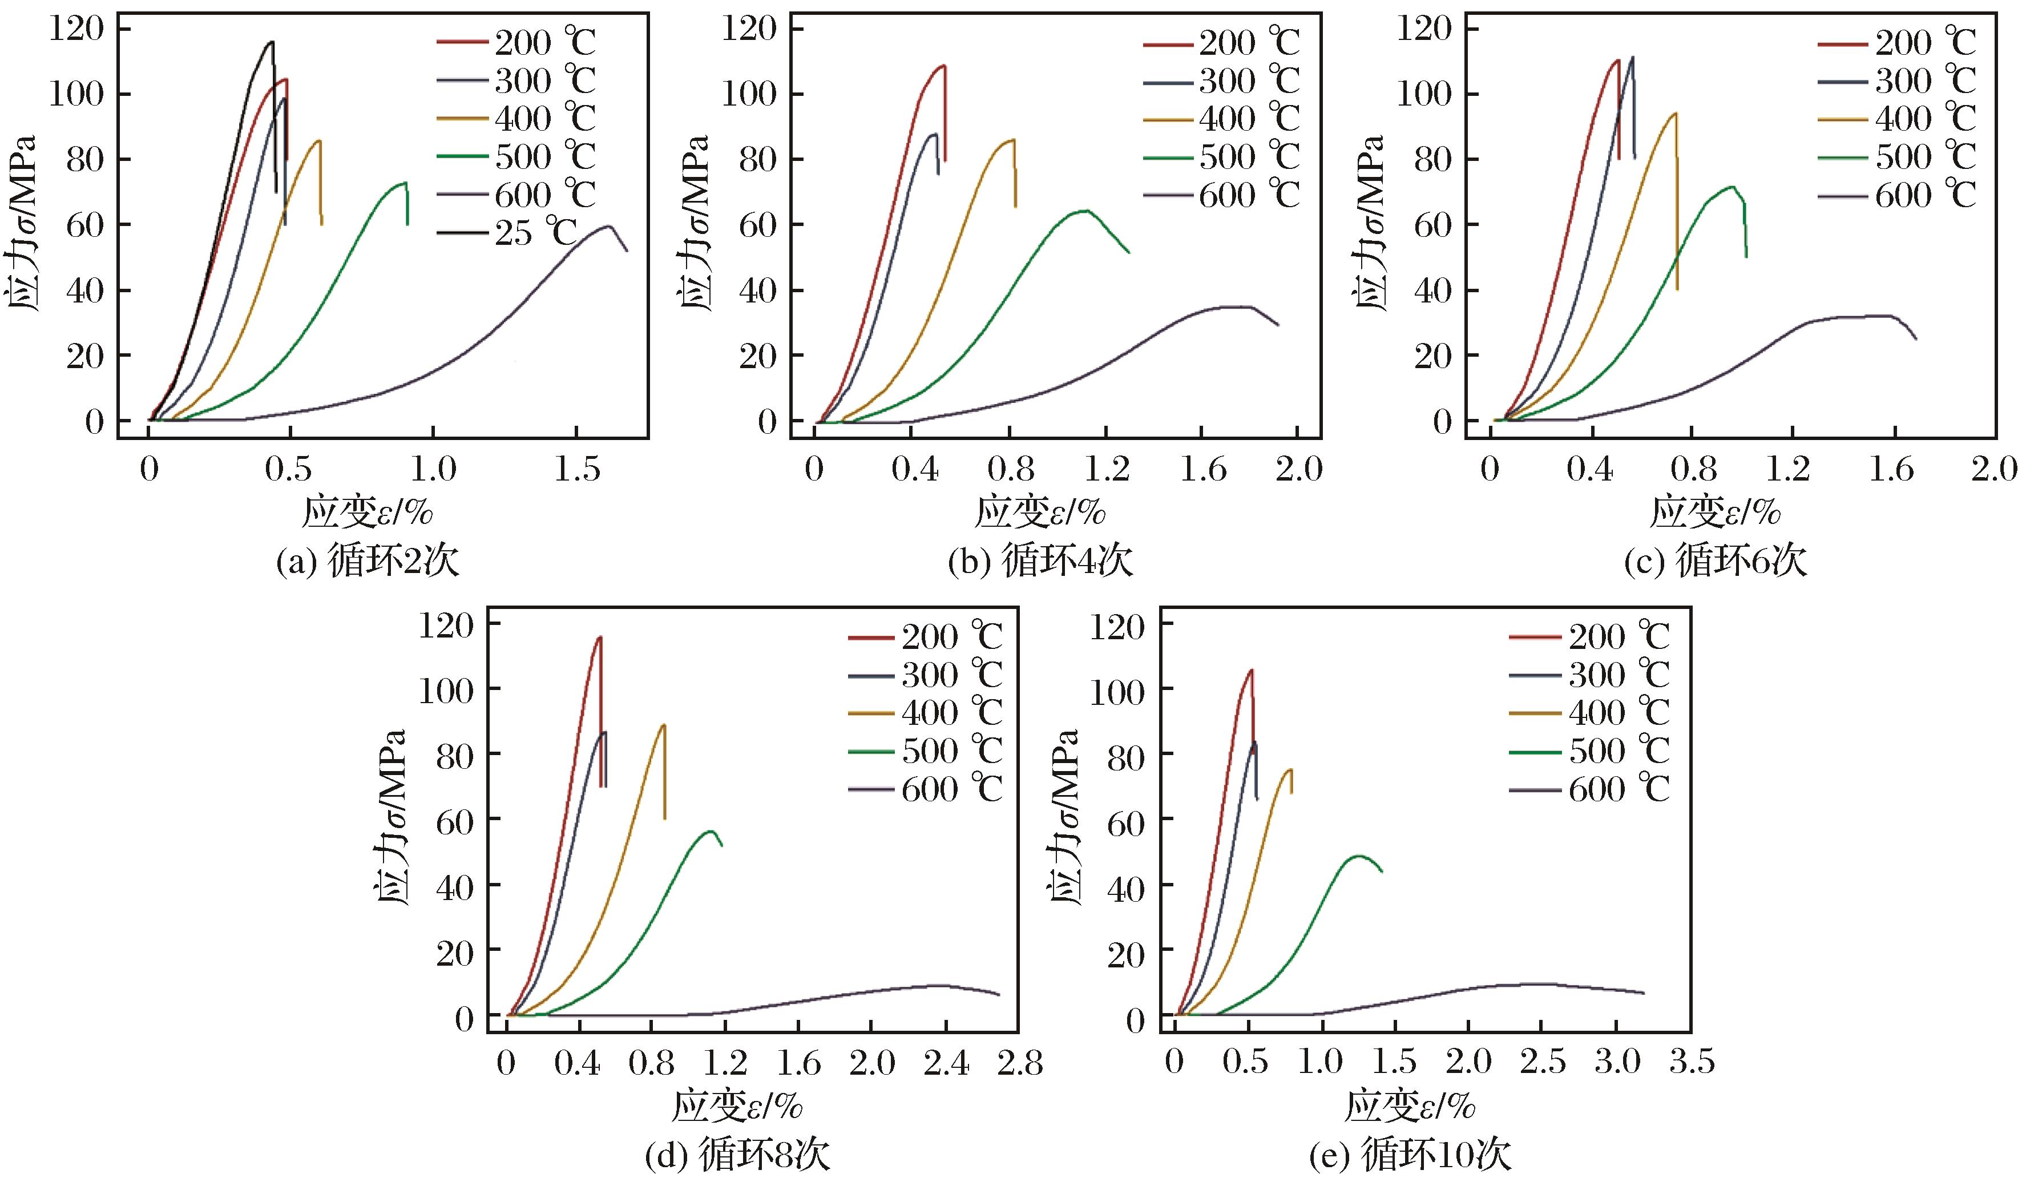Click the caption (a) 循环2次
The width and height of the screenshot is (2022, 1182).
coord(368,562)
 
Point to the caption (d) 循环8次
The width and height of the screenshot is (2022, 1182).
coord(737,1156)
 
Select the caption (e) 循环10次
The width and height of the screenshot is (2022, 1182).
coord(1410,1156)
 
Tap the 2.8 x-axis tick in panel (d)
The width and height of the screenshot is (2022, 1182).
coord(1018,1064)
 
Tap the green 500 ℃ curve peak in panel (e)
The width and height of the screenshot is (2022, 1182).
coord(1358,856)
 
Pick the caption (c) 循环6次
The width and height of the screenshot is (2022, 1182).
coord(1715,562)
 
